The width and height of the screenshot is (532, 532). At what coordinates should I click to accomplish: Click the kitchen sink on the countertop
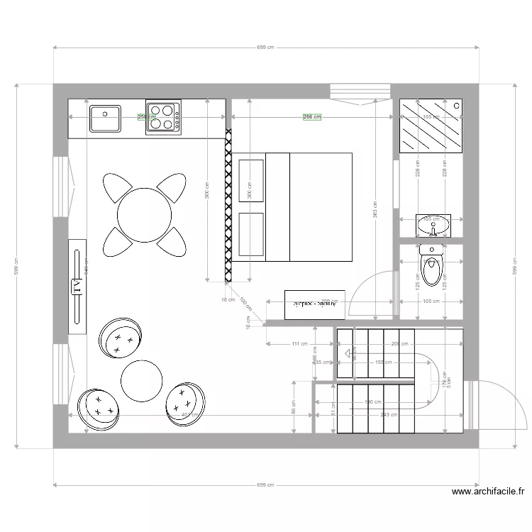(x=105, y=118)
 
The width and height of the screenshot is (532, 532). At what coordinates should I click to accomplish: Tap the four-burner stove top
(x=162, y=118)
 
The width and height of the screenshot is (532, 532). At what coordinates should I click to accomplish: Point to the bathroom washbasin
(x=433, y=225)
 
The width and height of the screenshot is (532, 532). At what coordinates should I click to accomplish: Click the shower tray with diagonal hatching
(x=431, y=126)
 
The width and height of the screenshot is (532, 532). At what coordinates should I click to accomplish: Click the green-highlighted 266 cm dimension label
(x=312, y=117)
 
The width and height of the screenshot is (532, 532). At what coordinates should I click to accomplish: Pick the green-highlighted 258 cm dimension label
(x=146, y=118)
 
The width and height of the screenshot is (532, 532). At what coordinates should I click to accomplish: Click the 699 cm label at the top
(x=265, y=48)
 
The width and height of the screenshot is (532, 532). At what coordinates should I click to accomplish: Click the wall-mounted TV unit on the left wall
(x=77, y=286)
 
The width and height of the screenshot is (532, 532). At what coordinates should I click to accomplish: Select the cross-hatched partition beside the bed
(x=228, y=206)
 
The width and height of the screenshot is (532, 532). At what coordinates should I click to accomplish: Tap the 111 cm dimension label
(x=299, y=344)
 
